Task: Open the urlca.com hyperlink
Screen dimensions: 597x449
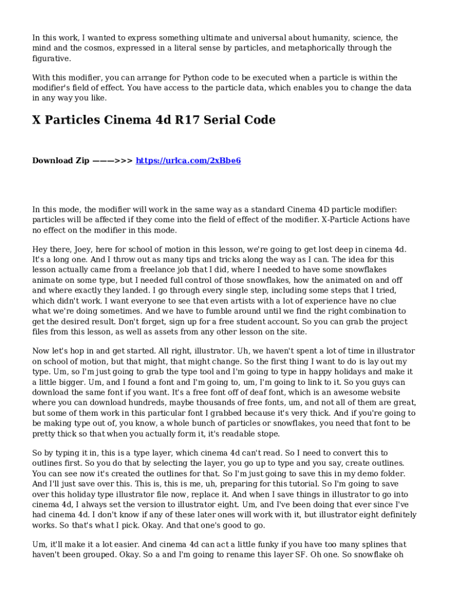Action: click(x=188, y=160)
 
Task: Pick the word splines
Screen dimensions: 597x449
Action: click(x=373, y=545)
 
